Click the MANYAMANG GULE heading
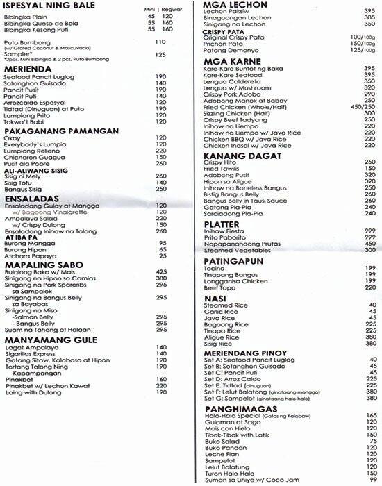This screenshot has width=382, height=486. (49, 341)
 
